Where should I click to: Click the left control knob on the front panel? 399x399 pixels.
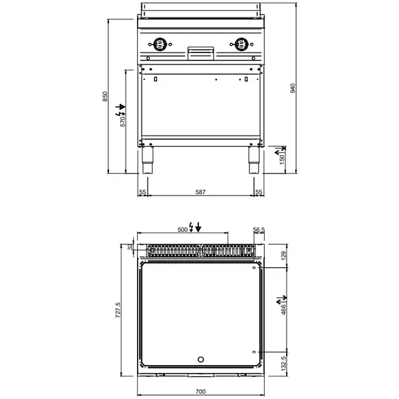(160, 45)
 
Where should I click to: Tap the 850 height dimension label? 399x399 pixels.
(104, 97)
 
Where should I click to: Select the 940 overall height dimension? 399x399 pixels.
(293, 88)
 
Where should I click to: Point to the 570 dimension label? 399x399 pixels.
(122, 121)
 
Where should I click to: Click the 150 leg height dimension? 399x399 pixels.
(281, 160)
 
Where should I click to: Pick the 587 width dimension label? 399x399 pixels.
(200, 192)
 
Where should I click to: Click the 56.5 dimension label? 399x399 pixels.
(259, 229)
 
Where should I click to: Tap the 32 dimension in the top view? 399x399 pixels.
(130, 248)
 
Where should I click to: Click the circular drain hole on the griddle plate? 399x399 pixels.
(201, 360)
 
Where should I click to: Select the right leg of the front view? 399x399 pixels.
(253, 160)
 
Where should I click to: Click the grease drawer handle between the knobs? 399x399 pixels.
(200, 50)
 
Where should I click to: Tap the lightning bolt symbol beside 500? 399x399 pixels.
(192, 228)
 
